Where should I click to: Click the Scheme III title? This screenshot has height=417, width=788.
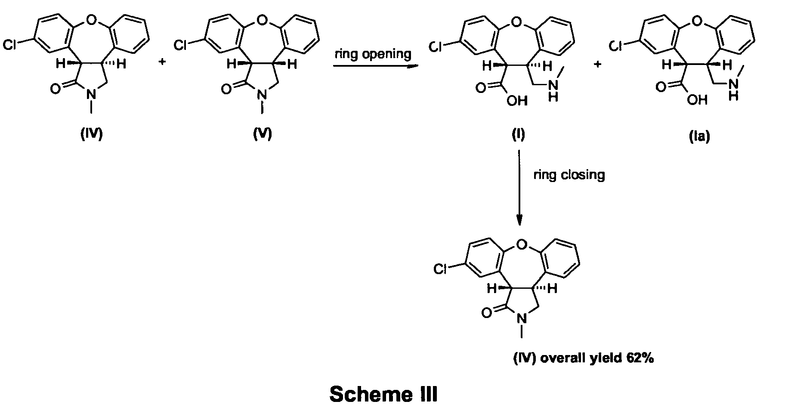[x=383, y=394]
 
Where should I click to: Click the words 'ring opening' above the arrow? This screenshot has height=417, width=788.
[x=373, y=55]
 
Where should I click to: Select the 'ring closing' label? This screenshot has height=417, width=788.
[x=569, y=175]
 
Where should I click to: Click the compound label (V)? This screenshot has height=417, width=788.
[x=263, y=135]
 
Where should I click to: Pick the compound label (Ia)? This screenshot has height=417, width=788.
[x=699, y=136]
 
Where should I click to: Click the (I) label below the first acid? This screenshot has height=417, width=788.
[x=518, y=135]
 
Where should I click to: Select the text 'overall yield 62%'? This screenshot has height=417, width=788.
[x=597, y=358]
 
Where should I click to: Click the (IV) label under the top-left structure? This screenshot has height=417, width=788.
[x=91, y=135]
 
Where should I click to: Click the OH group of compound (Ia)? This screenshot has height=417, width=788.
[x=697, y=100]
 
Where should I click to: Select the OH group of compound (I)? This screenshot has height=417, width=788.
[x=517, y=101]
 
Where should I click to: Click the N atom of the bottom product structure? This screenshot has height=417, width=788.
[x=522, y=319]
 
